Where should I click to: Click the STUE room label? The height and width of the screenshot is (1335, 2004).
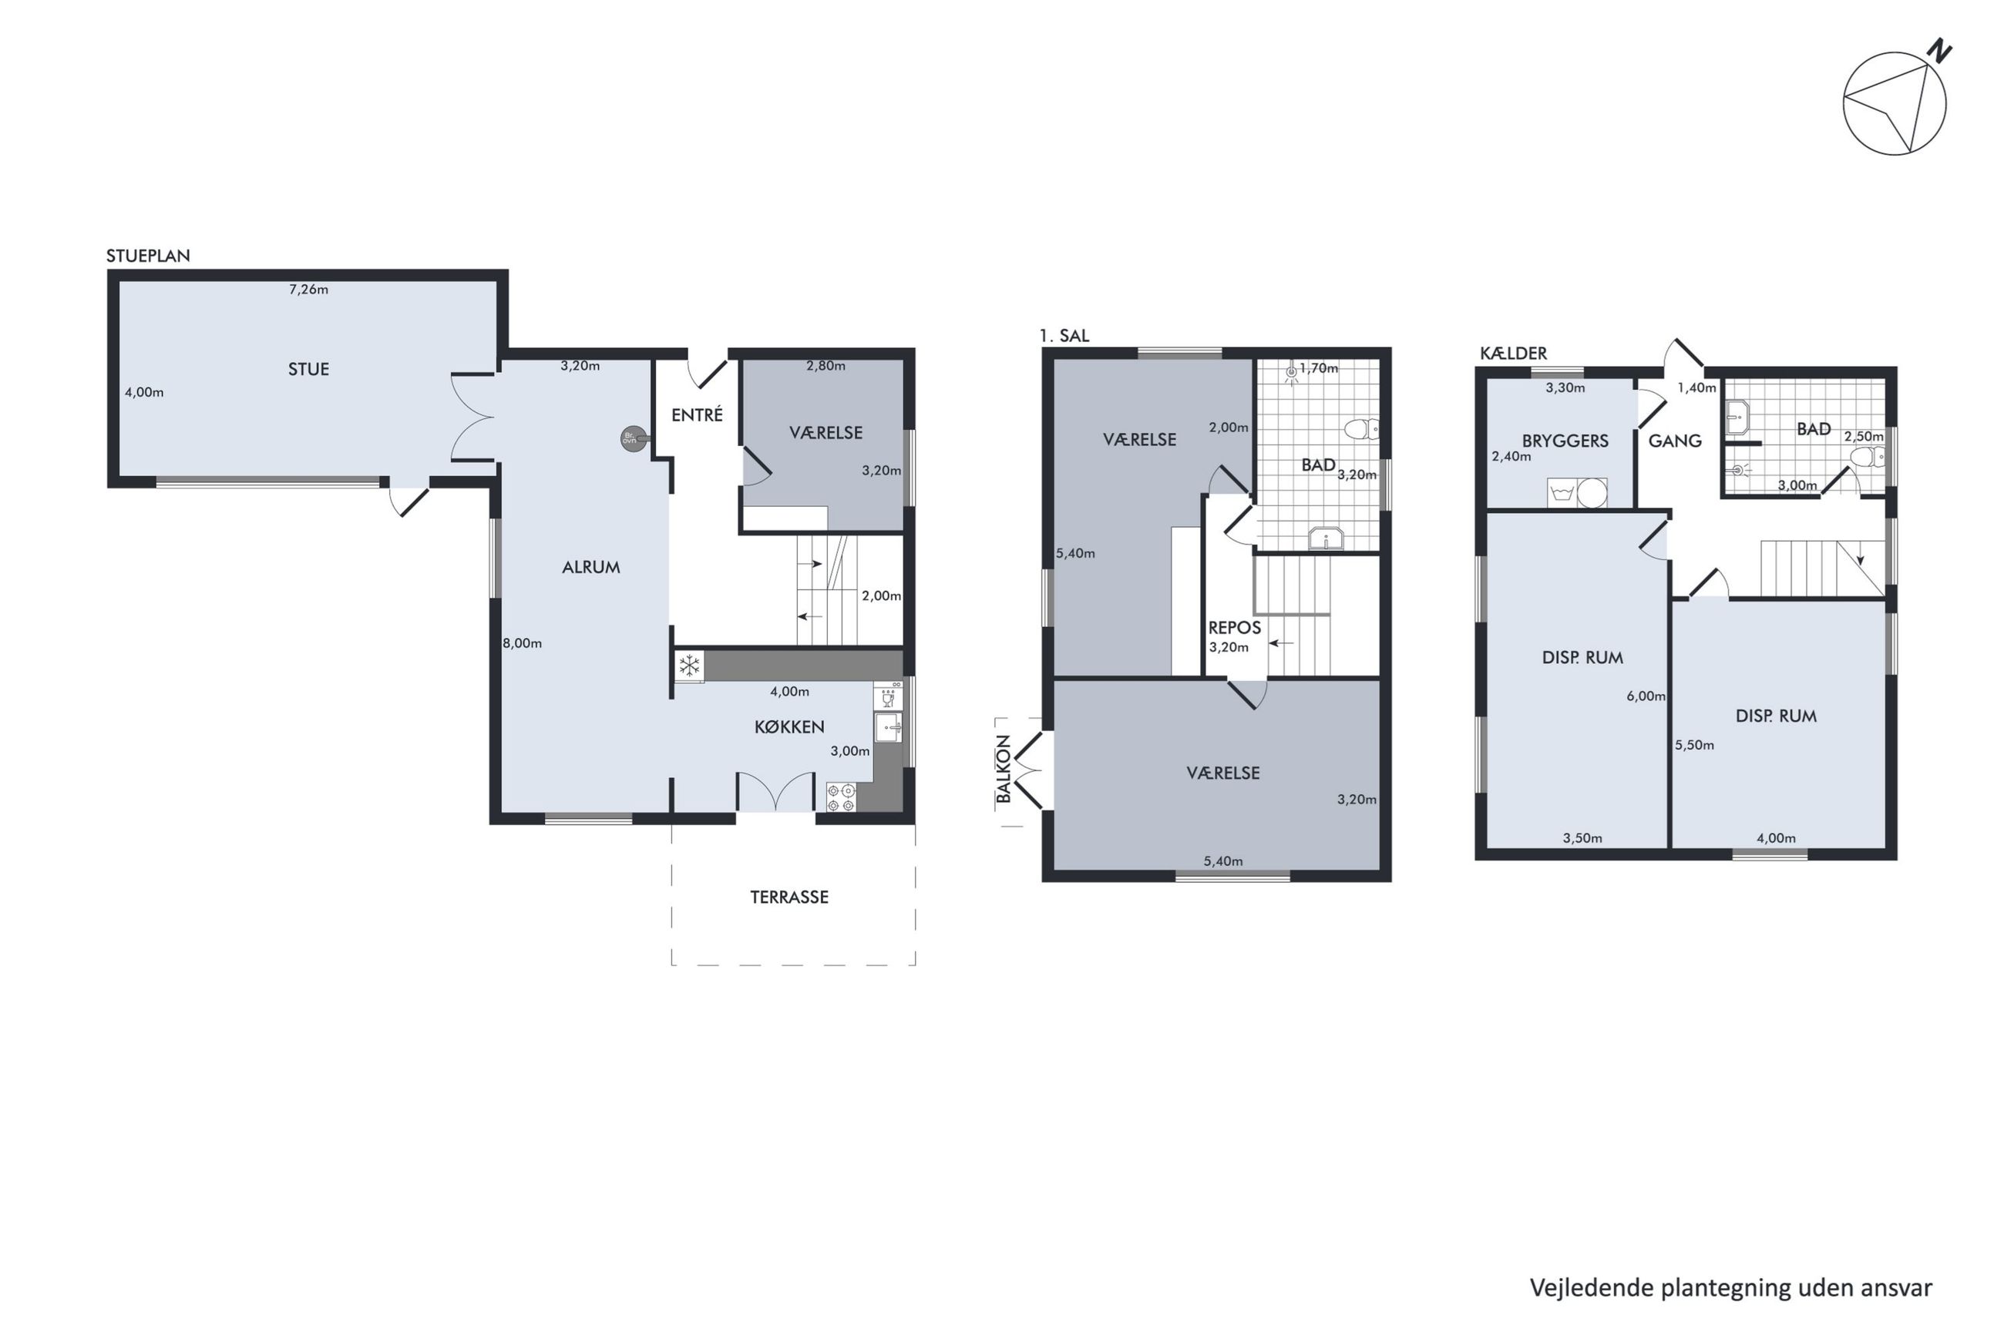(x=308, y=369)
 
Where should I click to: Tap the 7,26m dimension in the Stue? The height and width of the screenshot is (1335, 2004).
(x=308, y=290)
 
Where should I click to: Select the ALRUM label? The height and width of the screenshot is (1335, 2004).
(x=590, y=567)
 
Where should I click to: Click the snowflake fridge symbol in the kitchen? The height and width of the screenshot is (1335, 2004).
(x=689, y=666)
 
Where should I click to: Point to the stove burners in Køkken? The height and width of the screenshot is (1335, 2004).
(x=841, y=797)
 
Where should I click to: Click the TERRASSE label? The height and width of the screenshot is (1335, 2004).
(x=788, y=897)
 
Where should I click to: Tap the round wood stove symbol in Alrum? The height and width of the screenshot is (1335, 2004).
(x=633, y=438)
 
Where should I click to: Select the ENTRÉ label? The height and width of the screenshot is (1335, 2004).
(x=696, y=414)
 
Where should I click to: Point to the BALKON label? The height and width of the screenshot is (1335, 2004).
(x=1004, y=769)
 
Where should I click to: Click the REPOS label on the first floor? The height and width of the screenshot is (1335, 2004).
(x=1234, y=629)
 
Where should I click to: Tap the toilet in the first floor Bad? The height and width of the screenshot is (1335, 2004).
(x=1361, y=428)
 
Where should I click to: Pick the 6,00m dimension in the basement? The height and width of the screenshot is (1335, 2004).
(x=1646, y=696)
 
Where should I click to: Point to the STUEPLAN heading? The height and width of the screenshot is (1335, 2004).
(x=148, y=256)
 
